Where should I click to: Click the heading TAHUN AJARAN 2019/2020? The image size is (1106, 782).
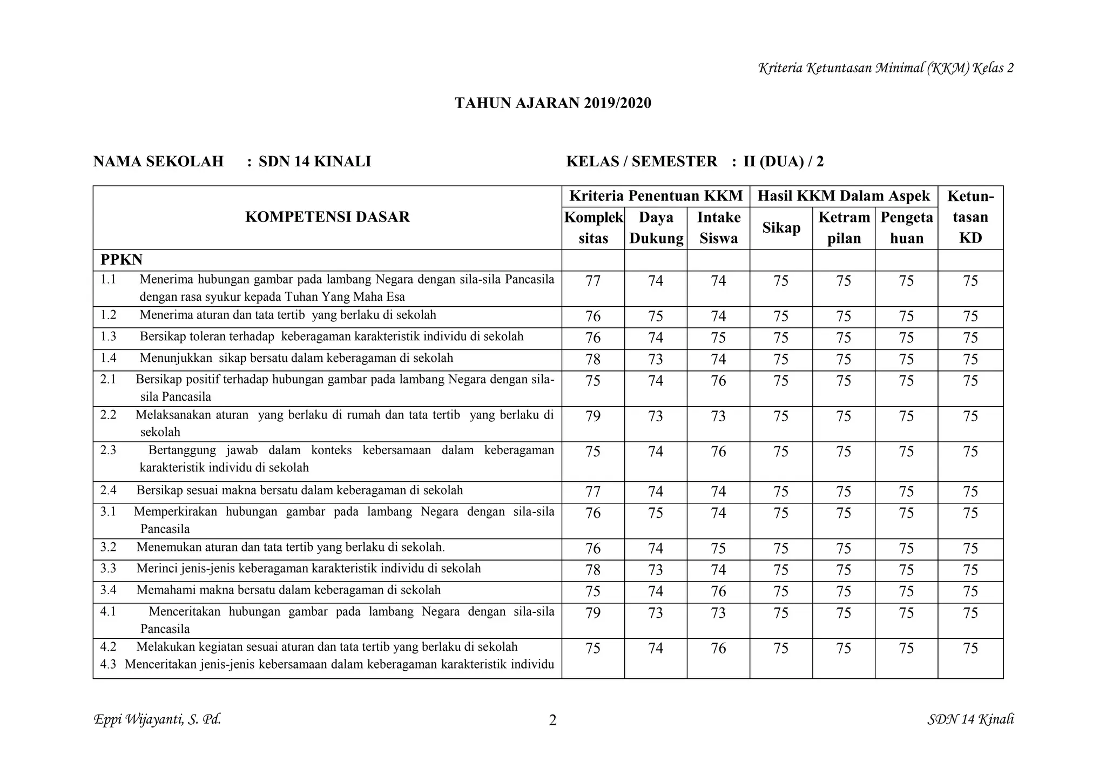point(552,103)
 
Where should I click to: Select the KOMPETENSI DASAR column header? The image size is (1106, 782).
point(327,217)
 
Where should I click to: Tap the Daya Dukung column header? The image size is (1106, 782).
point(656,228)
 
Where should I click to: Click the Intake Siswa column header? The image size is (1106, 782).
point(718,228)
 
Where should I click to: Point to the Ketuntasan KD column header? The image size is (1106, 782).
point(970,217)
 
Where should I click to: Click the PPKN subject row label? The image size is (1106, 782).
point(122,260)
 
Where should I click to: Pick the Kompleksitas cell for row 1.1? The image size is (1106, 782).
point(593,281)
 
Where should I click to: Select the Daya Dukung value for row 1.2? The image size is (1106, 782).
point(656,316)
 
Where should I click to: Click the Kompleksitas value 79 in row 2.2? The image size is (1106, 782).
point(593,416)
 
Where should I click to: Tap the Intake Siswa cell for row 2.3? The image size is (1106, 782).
point(718,451)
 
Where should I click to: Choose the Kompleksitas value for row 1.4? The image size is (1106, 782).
point(593,360)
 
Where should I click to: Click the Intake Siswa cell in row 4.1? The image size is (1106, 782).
point(718,613)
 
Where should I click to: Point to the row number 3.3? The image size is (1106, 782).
point(108,569)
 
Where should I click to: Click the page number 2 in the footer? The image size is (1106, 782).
point(552,720)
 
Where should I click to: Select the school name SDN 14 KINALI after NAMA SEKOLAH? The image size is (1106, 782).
point(314,161)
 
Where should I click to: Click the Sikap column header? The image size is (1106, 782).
point(781,228)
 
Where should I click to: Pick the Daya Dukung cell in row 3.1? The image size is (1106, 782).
point(656,513)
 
